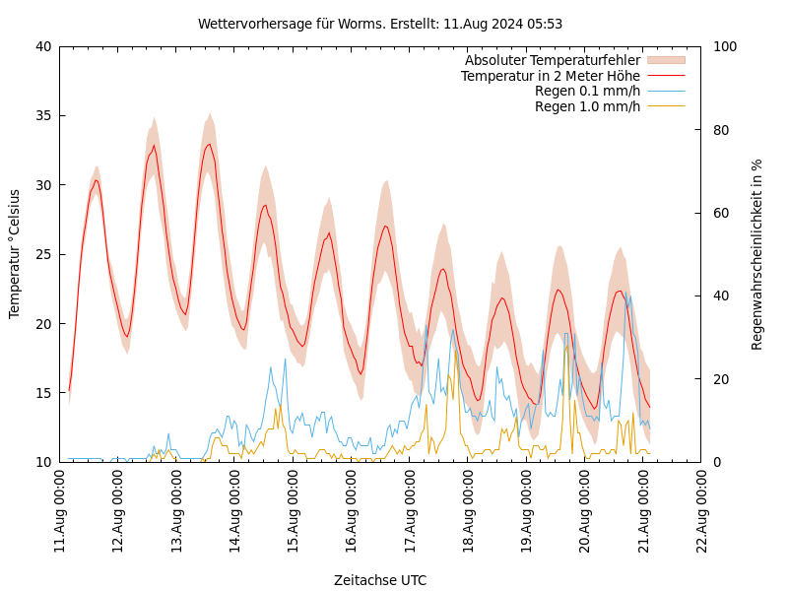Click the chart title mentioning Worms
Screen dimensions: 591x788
point(380,24)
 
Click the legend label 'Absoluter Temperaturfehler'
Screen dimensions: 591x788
point(552,60)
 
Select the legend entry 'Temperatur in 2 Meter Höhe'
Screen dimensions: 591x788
point(550,76)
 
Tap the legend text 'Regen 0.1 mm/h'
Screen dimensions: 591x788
point(587,91)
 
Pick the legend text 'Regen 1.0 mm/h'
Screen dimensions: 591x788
point(587,106)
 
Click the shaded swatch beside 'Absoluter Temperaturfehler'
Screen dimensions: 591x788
point(666,60)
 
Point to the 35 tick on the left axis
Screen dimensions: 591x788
point(43,115)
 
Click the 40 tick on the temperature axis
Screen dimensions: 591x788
point(43,46)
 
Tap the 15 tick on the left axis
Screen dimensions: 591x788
point(43,393)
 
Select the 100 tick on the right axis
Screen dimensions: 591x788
point(726,46)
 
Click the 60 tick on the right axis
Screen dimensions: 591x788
point(722,213)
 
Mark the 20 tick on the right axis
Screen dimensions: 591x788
point(722,379)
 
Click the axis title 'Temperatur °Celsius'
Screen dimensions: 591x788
point(15,253)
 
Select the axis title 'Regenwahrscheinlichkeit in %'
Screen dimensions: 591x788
point(757,254)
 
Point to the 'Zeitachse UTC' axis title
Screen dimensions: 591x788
point(380,580)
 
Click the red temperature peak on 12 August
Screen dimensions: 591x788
point(154,146)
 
